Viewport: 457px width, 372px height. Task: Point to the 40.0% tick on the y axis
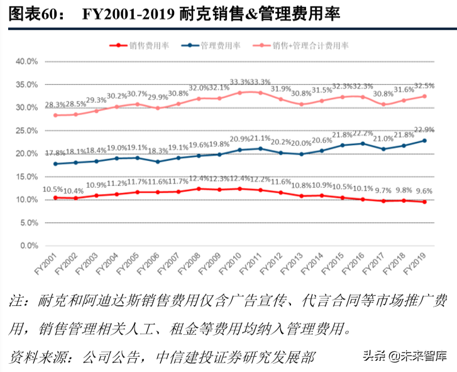(x=27, y=62)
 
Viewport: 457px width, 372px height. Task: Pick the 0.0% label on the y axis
(x=29, y=246)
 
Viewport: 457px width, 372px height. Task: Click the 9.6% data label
(x=424, y=191)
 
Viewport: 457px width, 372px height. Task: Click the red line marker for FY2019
(x=424, y=202)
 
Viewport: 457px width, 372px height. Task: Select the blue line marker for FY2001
(x=57, y=164)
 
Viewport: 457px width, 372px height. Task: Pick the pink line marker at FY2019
(x=424, y=96)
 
